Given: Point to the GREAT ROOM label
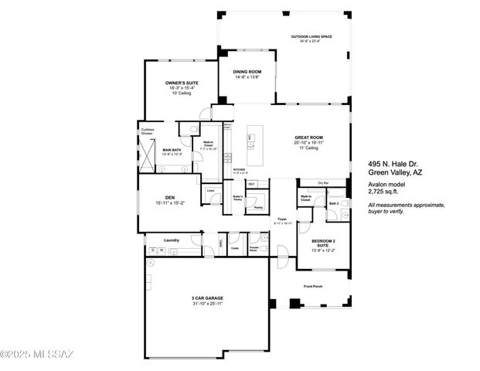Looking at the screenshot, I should click(x=308, y=138).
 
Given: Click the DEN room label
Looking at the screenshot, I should click(x=172, y=197).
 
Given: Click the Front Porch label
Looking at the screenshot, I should click(x=314, y=286).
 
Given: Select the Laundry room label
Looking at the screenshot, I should click(x=172, y=240).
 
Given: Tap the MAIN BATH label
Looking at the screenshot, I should click(x=172, y=150).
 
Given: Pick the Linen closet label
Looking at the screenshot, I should click(x=210, y=189).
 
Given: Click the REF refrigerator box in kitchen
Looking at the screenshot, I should click(x=252, y=184).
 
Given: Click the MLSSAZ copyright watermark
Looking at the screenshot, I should click(x=37, y=355).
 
